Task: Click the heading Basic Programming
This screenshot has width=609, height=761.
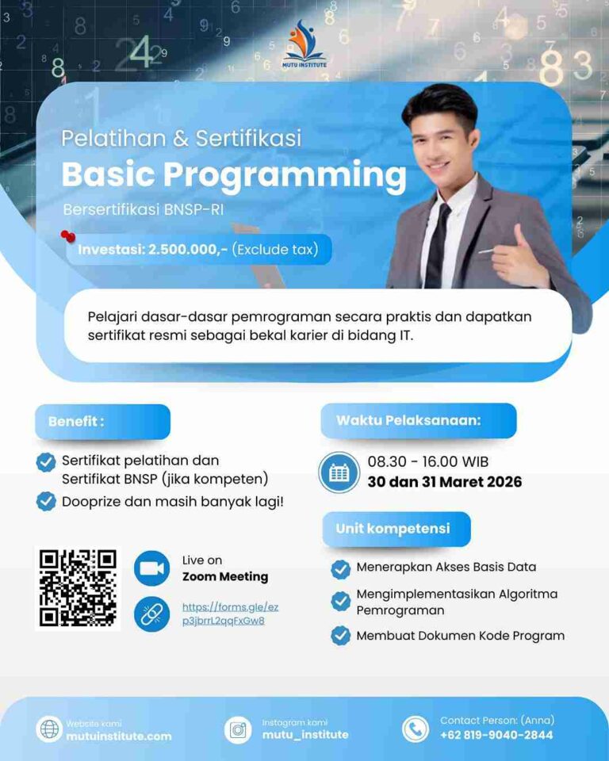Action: (233, 174)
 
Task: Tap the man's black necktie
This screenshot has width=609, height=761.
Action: (438, 245)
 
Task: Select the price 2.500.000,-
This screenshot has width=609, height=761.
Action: (188, 250)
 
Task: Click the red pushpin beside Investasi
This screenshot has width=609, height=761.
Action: (68, 236)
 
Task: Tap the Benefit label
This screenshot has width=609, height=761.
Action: (76, 421)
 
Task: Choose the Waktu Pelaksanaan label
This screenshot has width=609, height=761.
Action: (408, 420)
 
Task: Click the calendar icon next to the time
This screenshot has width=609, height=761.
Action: (339, 472)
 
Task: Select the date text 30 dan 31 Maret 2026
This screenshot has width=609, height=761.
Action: (444, 482)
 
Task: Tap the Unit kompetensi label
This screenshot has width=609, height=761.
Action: (393, 529)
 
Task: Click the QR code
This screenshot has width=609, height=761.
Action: (78, 588)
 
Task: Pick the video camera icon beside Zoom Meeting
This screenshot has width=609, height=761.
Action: (152, 568)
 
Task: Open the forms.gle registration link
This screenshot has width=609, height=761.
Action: (230, 614)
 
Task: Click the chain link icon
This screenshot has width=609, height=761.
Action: (152, 614)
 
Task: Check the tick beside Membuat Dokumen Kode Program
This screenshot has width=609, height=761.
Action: (341, 635)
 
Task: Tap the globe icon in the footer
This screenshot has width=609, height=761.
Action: (48, 729)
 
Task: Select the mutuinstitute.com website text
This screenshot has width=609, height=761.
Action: (118, 736)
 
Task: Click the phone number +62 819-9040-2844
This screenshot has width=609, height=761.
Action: (496, 735)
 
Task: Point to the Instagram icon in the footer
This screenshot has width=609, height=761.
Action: (238, 729)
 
